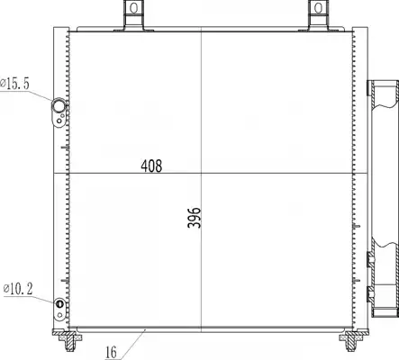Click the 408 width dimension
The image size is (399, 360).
[x=151, y=166]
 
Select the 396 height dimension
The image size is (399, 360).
[x=195, y=218]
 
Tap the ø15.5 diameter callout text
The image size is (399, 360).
[x=14, y=84]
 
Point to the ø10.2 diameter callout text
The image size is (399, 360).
[x=18, y=289]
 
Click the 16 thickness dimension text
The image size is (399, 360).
[x=112, y=352]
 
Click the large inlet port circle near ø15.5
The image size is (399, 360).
[x=59, y=105]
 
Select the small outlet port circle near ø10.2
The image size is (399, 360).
[x=59, y=303]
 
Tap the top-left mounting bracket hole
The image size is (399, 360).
[x=134, y=8]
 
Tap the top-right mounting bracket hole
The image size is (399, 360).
[x=319, y=8]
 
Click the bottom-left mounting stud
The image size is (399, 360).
[x=70, y=341]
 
